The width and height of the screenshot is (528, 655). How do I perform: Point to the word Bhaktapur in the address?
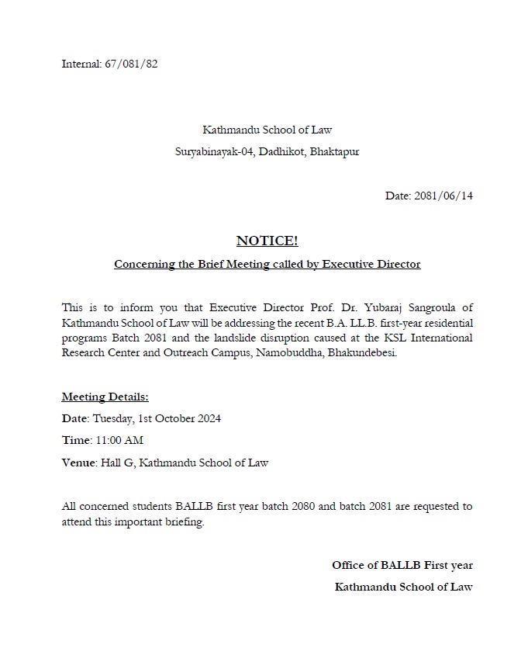[x=334, y=151]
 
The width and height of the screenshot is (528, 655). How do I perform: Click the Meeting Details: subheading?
[x=105, y=397]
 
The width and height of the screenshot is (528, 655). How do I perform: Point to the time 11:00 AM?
[x=119, y=441]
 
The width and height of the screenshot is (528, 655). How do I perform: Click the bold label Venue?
[x=78, y=463]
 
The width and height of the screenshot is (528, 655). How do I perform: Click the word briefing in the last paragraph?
[x=184, y=522]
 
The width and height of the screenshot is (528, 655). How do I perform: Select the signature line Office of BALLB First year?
[x=402, y=566]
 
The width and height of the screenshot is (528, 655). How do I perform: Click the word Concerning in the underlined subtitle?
[x=144, y=265]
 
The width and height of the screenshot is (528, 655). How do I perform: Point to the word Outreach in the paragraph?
[x=183, y=353]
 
